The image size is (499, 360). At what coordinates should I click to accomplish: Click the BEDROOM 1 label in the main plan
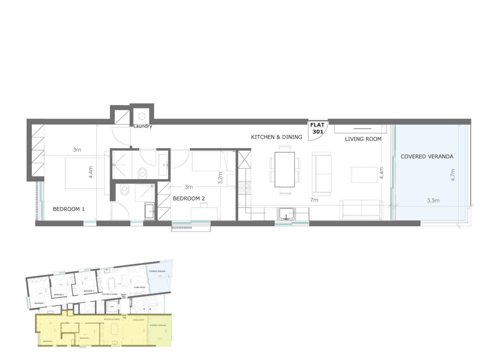(69, 209)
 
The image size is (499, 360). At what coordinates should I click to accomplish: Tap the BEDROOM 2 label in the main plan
(189, 198)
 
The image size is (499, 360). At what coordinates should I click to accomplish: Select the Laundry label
(143, 126)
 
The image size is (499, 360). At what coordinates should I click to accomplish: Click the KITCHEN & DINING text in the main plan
(276, 137)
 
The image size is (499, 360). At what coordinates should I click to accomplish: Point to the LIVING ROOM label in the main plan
(363, 139)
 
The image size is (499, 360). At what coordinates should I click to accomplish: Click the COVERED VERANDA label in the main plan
(427, 156)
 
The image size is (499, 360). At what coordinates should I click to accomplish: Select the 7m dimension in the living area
(314, 200)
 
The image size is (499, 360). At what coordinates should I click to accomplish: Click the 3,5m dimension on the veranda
(433, 201)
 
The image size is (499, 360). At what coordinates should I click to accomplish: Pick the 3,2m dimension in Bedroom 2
(220, 177)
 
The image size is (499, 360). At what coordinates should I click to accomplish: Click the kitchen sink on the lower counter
(287, 214)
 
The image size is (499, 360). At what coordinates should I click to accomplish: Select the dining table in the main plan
(285, 169)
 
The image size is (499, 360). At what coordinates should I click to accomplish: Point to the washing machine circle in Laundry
(142, 116)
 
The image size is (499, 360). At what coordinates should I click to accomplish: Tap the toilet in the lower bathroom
(125, 190)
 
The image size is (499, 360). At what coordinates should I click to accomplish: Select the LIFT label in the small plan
(112, 306)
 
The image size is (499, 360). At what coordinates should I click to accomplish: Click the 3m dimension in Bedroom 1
(77, 150)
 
